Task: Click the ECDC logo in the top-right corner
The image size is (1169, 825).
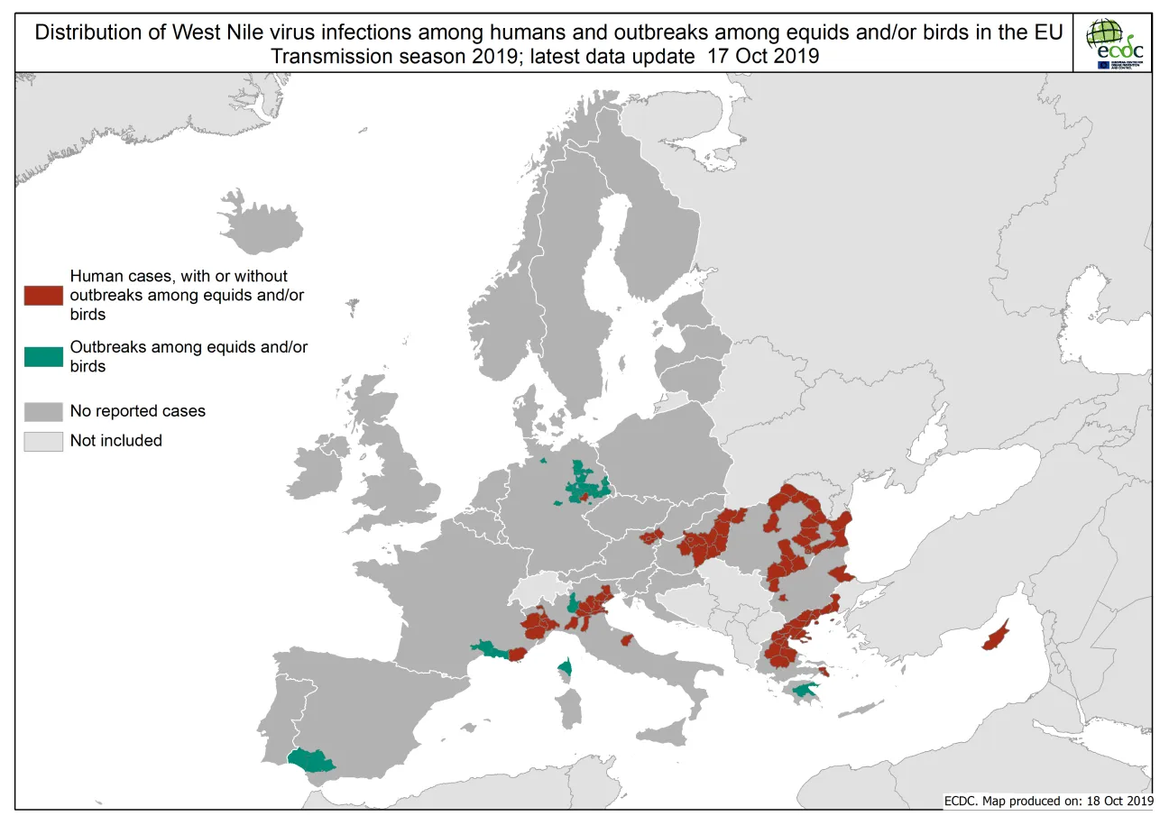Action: coord(1115,43)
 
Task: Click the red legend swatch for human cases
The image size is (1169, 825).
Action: coord(43,296)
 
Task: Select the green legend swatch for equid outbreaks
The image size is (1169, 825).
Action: coord(43,357)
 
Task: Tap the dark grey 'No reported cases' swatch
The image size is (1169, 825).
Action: coord(43,411)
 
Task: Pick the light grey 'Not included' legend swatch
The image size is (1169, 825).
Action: coord(43,441)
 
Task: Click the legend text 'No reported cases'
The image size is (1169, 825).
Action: coord(138,411)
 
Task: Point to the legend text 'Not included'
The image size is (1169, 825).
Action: coord(116,441)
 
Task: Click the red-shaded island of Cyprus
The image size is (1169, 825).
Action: coord(995,637)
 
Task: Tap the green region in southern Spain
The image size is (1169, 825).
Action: coord(311,760)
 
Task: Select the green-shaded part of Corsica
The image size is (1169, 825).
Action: coord(566,668)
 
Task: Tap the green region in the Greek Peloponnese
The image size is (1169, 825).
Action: coord(801,692)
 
